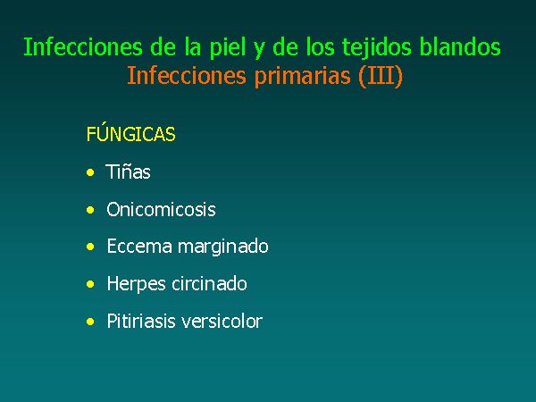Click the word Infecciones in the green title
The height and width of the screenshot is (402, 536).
(83, 46)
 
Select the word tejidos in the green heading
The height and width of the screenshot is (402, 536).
(377, 48)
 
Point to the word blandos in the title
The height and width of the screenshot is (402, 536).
(460, 46)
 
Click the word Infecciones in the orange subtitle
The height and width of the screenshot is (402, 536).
(187, 75)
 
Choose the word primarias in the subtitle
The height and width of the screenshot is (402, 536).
(303, 77)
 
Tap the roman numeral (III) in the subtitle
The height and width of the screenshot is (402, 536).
(381, 76)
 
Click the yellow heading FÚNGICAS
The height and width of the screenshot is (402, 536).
(131, 134)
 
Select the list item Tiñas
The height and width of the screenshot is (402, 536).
(128, 172)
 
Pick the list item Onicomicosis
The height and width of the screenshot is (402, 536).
(161, 209)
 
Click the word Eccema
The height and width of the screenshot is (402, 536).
(139, 247)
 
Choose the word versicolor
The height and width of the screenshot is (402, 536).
(222, 322)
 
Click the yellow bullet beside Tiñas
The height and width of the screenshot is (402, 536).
(90, 172)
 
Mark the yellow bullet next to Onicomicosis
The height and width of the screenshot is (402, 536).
(90, 210)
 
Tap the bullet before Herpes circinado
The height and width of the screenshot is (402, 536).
(90, 284)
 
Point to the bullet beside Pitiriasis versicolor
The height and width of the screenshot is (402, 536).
(90, 322)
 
